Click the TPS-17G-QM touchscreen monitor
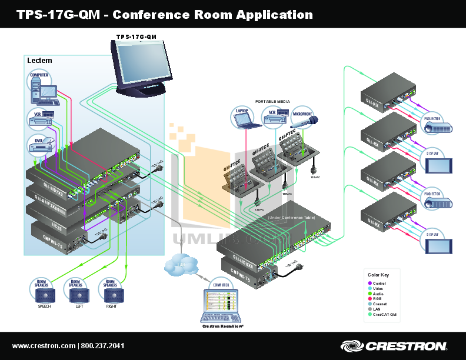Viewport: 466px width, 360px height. [143, 65]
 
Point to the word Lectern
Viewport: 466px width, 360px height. [39, 61]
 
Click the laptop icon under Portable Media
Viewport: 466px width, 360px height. [242, 118]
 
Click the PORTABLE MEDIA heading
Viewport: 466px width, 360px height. [273, 102]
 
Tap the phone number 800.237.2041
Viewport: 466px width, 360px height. [102, 346]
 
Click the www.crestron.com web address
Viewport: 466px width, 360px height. [44, 346]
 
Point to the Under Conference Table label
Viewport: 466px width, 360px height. [291, 218]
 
